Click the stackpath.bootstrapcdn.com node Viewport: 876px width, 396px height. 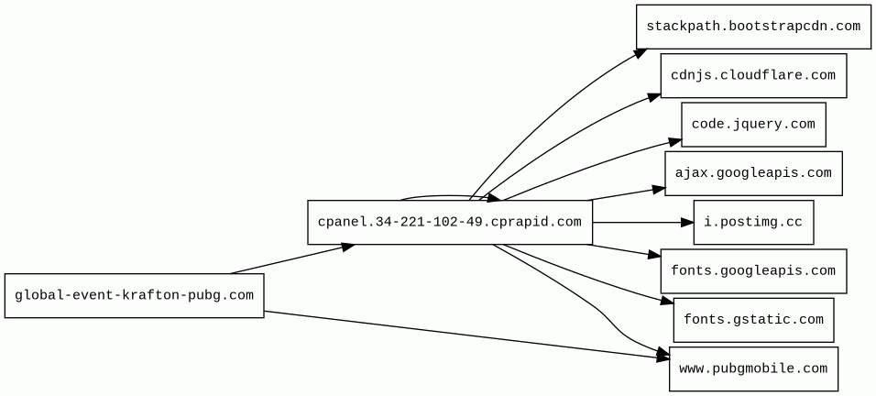752,26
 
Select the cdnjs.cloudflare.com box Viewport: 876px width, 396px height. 752,75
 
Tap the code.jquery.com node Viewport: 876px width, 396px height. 752,125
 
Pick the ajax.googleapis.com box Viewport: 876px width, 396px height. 752,173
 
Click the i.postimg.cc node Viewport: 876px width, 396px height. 752,223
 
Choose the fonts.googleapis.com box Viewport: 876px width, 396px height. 752,271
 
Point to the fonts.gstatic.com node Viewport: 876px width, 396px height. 752,320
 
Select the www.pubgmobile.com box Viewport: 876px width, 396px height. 752,369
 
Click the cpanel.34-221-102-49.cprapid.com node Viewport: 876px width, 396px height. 449,223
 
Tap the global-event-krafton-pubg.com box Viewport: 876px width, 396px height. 134,295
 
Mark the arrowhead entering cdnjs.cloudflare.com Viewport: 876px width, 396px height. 655,93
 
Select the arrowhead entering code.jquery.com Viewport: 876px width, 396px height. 675,141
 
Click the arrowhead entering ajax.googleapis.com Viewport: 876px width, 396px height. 659,189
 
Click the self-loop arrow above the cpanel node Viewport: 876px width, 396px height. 449,195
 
